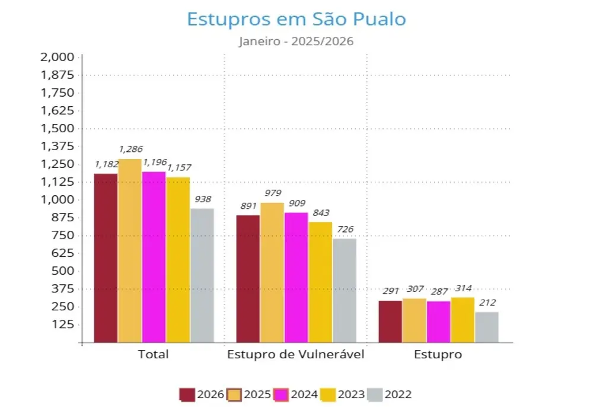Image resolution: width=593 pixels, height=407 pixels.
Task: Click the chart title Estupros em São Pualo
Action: coord(296,19)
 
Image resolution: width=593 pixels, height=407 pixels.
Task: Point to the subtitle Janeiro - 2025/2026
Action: coord(296,42)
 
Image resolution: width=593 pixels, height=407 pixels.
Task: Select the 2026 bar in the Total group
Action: coord(106,257)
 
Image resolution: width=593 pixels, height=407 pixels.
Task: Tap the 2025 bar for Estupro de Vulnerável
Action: coord(272,272)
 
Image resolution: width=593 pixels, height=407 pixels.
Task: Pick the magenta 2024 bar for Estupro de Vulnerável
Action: coord(296,277)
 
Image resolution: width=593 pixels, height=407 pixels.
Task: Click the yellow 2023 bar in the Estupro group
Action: coord(463,320)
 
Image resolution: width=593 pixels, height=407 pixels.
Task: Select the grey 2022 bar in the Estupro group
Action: coord(487,327)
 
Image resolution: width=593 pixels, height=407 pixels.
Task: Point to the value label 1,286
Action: coord(130,150)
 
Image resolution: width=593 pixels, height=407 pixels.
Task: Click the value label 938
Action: coord(202,199)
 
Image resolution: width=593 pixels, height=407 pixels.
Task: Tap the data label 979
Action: coord(273,193)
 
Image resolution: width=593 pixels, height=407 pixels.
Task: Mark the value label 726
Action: coord(344,230)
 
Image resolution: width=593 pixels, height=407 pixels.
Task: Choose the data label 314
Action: coord(463,288)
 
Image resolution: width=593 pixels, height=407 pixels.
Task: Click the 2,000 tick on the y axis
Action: coord(57,57)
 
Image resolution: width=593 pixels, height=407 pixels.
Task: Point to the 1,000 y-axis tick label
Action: coord(57,200)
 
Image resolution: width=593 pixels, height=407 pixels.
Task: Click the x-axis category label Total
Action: coord(153,355)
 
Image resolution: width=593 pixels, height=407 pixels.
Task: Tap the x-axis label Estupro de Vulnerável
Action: coord(296,355)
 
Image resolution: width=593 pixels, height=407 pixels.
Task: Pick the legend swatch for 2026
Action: coord(187,395)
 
